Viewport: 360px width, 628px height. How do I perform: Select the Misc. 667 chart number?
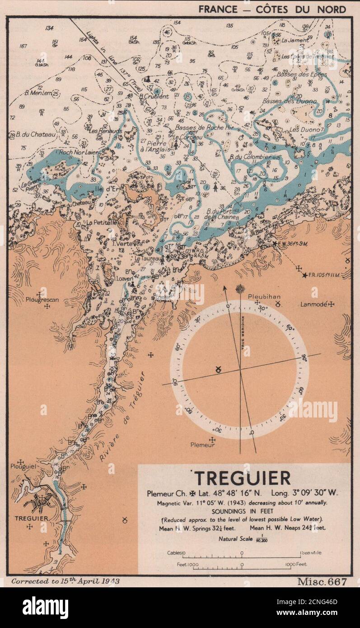click(x=321, y=581)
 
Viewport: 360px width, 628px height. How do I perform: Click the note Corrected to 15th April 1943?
click(x=65, y=581)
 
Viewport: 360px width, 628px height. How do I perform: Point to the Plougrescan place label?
click(x=42, y=299)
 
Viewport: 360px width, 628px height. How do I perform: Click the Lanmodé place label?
click(x=313, y=305)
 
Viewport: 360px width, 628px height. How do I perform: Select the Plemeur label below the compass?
click(x=211, y=445)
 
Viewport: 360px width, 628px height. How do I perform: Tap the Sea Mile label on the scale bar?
click(x=312, y=553)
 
